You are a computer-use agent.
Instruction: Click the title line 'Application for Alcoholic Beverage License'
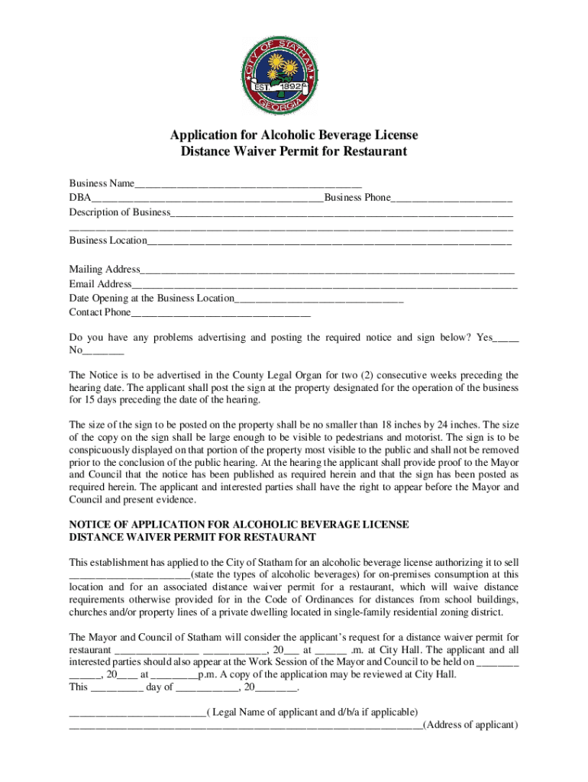(x=294, y=136)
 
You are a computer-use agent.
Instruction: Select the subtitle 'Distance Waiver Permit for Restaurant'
(x=294, y=152)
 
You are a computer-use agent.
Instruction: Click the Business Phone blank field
(x=451, y=199)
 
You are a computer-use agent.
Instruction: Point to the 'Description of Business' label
(x=120, y=212)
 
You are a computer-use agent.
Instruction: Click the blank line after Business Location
(x=329, y=241)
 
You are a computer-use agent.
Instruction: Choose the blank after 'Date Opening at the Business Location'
(x=319, y=299)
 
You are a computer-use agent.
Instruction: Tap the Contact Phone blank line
(x=221, y=313)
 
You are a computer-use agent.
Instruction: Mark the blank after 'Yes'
(x=506, y=338)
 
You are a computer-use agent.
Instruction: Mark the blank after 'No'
(x=103, y=351)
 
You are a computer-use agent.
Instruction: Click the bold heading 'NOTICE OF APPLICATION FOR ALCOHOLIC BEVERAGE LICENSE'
(x=239, y=525)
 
